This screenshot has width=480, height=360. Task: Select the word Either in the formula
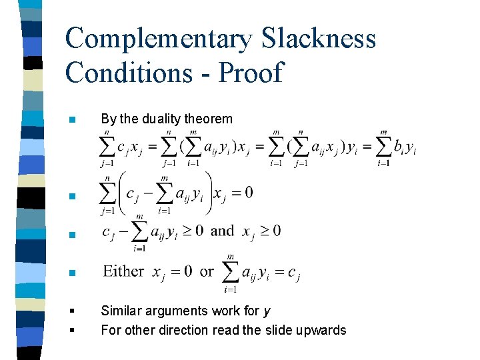(x=123, y=271)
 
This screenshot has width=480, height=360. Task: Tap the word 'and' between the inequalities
(x=222, y=231)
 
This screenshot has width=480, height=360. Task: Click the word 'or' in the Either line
(x=207, y=271)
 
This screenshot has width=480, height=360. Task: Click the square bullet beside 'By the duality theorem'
(x=72, y=120)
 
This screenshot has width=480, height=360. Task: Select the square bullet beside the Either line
(x=72, y=273)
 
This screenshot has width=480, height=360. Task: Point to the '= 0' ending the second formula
(x=241, y=193)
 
